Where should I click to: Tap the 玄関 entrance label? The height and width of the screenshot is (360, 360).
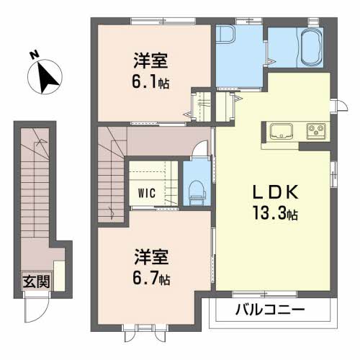[x=37, y=282]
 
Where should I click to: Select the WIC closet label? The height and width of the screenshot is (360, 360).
[x=147, y=193]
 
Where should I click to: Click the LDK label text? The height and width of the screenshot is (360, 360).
[x=275, y=192]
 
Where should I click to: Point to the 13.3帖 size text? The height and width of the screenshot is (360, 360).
[x=275, y=214]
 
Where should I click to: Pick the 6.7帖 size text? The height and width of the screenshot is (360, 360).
[x=151, y=278]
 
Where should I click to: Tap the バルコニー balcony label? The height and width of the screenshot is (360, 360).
[x=270, y=310]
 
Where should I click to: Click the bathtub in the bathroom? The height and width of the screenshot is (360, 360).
[x=310, y=48]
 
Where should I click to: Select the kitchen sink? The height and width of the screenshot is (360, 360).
[x=282, y=131]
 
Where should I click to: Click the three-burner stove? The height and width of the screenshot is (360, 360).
[x=316, y=131]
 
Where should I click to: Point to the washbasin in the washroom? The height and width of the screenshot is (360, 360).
[x=225, y=35]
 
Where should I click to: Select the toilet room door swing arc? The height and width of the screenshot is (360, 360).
[x=200, y=147]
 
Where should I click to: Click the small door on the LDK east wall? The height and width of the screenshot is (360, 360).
[x=339, y=105]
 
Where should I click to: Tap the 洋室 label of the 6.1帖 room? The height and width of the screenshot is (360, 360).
[x=150, y=60]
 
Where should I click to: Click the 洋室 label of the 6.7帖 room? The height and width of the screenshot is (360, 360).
[x=151, y=257]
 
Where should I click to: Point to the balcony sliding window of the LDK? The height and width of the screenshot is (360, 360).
[x=264, y=294]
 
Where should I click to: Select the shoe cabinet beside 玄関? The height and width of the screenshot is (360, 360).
[x=59, y=276]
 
